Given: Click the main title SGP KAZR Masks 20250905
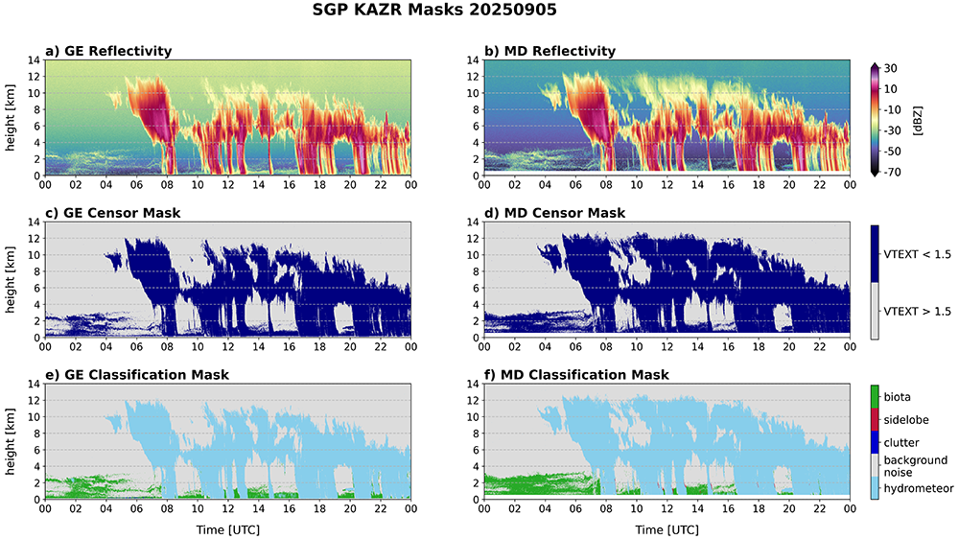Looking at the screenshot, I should pos(479,12).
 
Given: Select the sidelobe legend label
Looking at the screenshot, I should pos(907,419).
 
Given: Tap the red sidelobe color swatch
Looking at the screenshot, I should pos(876,419).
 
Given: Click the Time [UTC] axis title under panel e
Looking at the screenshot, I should pos(227,528).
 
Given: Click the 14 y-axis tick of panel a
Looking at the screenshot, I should pos(35,59).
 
